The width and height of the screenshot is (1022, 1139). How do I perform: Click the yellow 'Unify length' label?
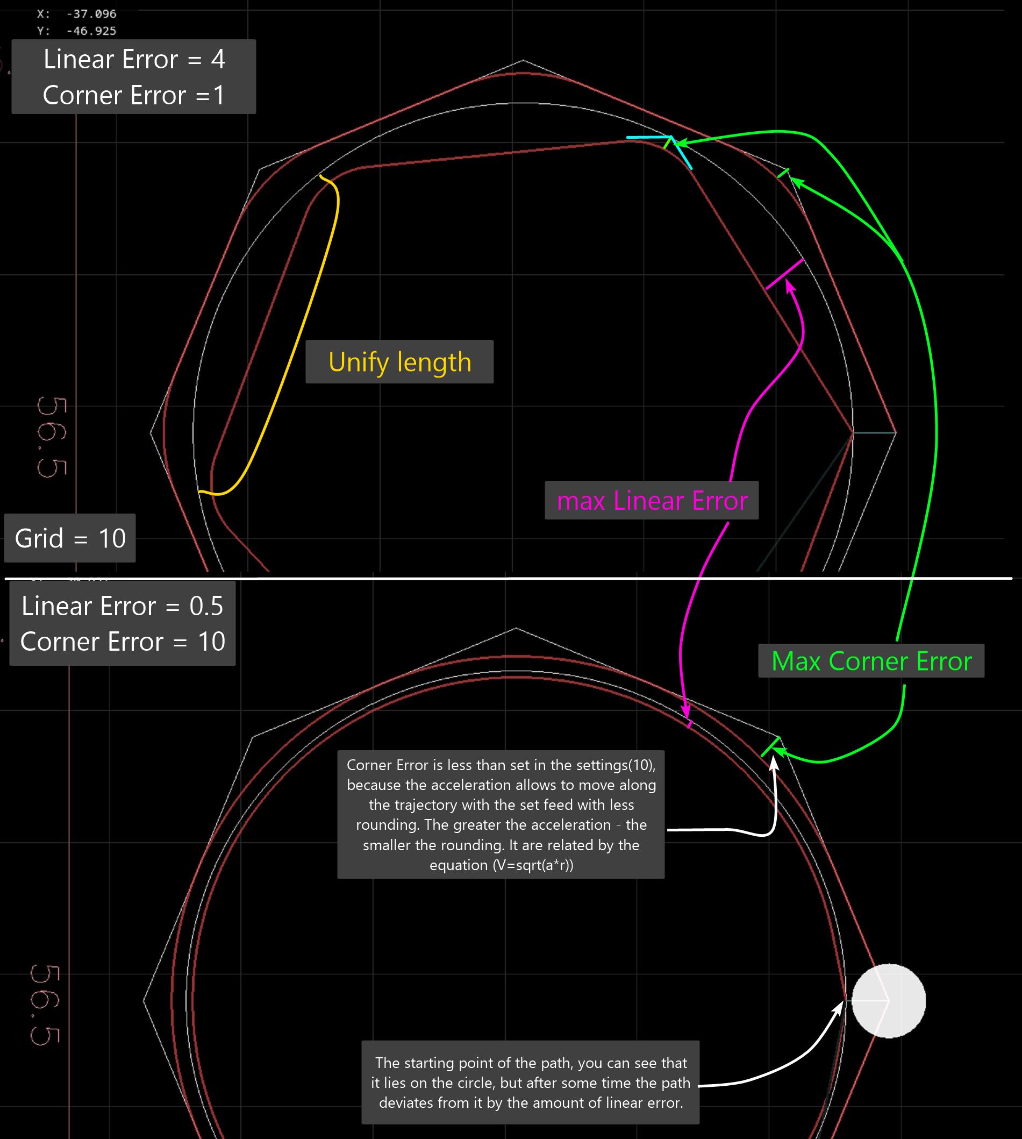(x=399, y=362)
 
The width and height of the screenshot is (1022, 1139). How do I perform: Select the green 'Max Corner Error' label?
(x=871, y=660)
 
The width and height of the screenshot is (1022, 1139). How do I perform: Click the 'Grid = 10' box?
(x=70, y=538)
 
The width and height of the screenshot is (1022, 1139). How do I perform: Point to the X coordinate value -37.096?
(x=91, y=13)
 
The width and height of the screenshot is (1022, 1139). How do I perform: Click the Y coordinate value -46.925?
(x=91, y=31)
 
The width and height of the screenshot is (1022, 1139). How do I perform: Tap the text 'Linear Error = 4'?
(x=134, y=59)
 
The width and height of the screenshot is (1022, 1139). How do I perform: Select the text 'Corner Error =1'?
(x=134, y=95)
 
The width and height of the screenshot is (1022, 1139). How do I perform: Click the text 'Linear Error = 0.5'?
(x=123, y=606)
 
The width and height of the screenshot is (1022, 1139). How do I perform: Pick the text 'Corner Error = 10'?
(x=123, y=642)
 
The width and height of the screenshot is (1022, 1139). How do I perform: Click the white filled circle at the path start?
(x=888, y=1001)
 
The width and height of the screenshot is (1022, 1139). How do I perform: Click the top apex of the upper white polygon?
(x=523, y=60)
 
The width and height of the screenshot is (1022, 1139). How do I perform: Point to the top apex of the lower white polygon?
(x=516, y=628)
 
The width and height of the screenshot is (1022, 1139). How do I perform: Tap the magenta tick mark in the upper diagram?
(x=784, y=274)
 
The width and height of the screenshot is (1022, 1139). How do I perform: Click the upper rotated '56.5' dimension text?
(x=52, y=438)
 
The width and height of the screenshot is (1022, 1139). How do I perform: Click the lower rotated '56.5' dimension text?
(x=45, y=1005)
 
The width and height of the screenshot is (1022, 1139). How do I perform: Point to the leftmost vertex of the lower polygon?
(x=144, y=1000)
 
